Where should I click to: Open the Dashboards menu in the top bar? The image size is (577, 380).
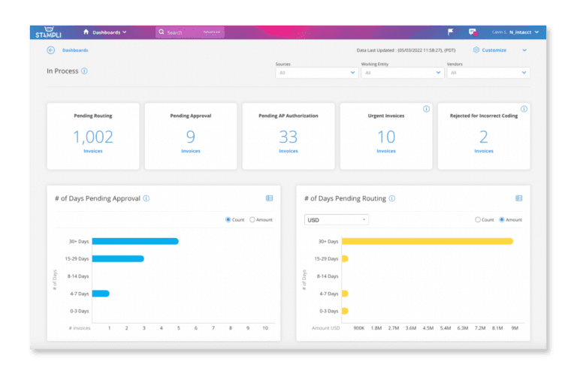coord(104,32)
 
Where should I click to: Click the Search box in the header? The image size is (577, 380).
coord(189,32)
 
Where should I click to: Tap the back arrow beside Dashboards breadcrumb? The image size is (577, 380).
coord(51,50)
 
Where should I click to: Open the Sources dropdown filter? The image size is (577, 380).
coord(316,73)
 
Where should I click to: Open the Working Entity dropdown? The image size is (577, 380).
coord(402,73)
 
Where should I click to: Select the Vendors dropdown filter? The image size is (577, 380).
coord(488,73)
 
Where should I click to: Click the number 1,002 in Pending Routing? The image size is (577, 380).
coord(93,136)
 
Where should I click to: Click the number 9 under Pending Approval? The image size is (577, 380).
coord(191,136)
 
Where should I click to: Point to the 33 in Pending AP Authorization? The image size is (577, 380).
coord(288,136)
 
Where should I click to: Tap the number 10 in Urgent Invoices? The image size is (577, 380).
coord(386,136)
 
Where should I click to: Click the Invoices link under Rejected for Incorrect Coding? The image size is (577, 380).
coord(484,151)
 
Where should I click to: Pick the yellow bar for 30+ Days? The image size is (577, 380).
coord(427,241)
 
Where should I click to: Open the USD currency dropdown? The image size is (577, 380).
coord(336,219)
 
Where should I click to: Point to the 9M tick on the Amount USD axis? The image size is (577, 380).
coord(514,328)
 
